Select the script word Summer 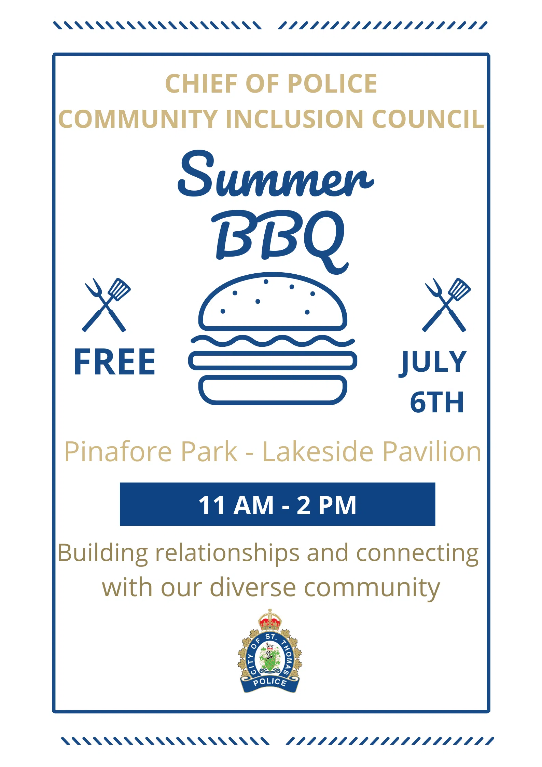pyautogui.click(x=276, y=174)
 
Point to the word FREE pyautogui.click(x=115, y=362)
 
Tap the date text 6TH pyautogui.click(x=437, y=402)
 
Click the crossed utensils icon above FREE pyautogui.click(x=106, y=305)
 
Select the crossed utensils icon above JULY pyautogui.click(x=446, y=305)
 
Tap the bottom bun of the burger pyautogui.click(x=273, y=390)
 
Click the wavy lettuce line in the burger pyautogui.click(x=273, y=341)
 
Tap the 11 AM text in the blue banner pyautogui.click(x=236, y=506)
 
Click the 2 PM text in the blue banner pyautogui.click(x=326, y=506)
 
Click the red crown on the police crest pyautogui.click(x=270, y=619)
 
